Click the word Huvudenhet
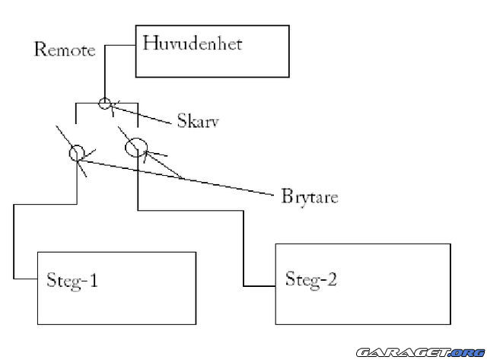point(193,43)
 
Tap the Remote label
point(65,49)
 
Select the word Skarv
point(198,120)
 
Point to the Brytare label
point(310,196)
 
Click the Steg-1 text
point(72,280)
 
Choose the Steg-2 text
point(311,279)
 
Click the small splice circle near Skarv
point(105,103)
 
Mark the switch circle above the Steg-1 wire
point(77,153)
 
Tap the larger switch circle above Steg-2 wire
point(135,147)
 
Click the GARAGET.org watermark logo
point(421,352)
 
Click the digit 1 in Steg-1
point(93,279)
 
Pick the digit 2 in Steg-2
point(332,279)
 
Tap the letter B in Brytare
point(288,196)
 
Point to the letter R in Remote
point(40,49)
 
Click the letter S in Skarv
point(181,120)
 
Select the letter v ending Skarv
point(215,123)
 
